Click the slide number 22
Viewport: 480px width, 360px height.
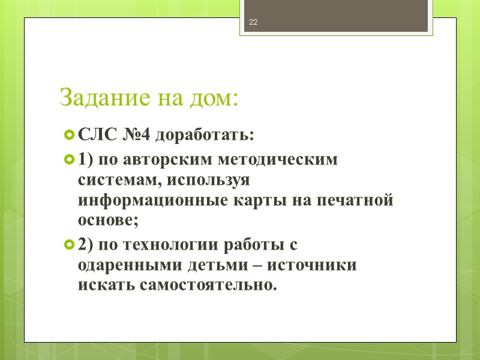pos(253,23)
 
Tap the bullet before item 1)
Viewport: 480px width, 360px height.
pos(69,160)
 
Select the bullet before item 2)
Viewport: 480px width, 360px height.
pos(69,245)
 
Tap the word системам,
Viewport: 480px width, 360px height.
pos(120,180)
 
